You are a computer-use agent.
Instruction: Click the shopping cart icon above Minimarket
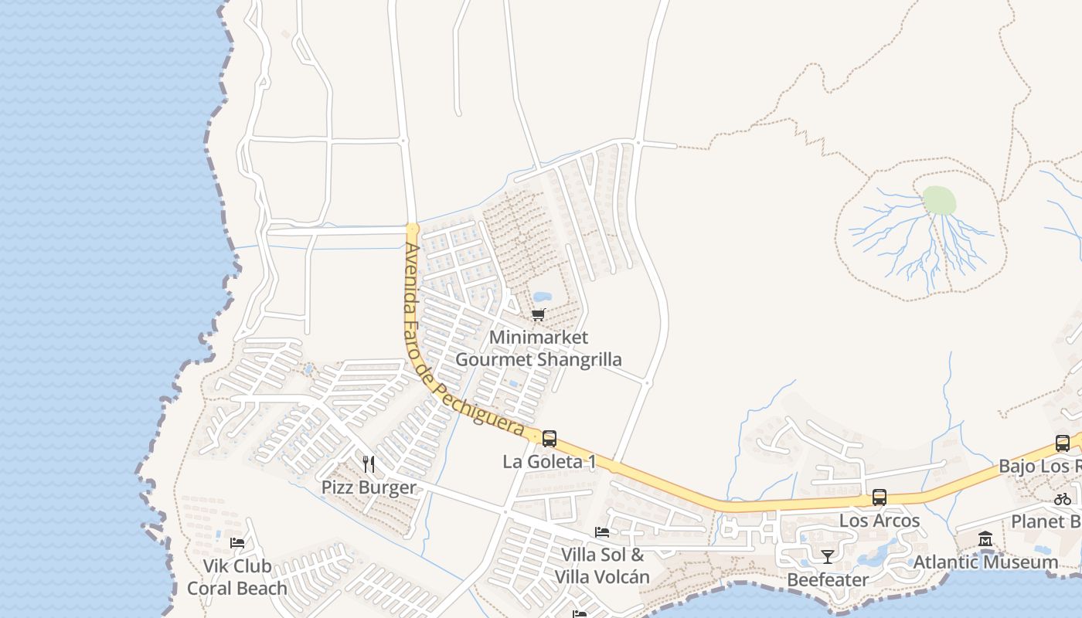coord(538,314)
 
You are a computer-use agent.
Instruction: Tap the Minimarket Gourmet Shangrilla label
coord(539,348)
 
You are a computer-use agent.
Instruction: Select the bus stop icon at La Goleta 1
coord(550,439)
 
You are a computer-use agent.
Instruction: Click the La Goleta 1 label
coord(550,462)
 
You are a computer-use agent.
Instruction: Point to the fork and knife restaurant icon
coord(369,464)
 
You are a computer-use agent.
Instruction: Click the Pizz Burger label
coord(369,487)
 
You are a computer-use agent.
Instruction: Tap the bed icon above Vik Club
coord(237,543)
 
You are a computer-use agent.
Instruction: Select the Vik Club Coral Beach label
coord(237,577)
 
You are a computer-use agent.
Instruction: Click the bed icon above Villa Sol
coord(602,531)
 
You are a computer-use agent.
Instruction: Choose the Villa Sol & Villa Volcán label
coord(602,565)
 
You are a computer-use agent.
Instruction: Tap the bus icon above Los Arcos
coord(880,497)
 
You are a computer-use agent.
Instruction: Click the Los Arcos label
coord(880,521)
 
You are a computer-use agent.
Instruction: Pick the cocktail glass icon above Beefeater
coord(828,556)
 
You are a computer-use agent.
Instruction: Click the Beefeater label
coord(828,579)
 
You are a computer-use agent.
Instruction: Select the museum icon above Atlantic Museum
coord(985,538)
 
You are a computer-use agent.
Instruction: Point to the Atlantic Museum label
coord(985,562)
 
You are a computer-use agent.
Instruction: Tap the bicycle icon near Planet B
coord(1063,499)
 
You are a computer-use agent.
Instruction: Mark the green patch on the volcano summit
coord(939,201)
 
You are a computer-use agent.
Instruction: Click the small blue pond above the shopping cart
coord(542,297)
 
